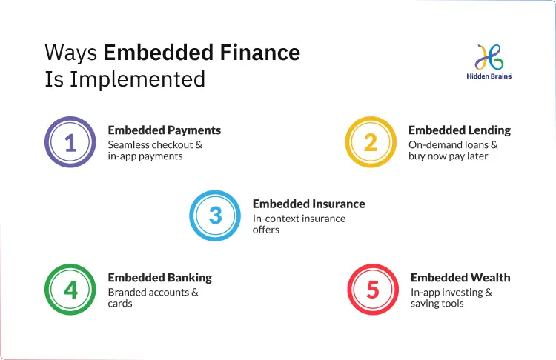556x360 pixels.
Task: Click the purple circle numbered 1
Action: [70, 142]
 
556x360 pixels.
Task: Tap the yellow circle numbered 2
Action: [371, 142]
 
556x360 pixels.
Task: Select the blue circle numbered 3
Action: [215, 216]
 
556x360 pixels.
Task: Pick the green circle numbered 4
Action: [70, 290]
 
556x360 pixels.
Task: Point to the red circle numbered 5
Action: [373, 290]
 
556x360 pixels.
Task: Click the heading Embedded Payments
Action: [164, 130]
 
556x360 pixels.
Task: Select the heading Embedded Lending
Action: [459, 130]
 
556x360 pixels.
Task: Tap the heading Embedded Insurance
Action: [308, 204]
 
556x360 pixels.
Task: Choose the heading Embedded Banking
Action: [159, 277]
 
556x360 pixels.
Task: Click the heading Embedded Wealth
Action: [460, 277]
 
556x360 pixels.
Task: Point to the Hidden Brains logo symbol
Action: [489, 56]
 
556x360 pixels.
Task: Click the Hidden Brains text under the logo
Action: [489, 76]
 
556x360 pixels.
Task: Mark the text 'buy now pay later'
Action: [448, 156]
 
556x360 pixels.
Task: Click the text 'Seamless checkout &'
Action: [155, 144]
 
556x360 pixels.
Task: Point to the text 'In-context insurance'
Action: [299, 218]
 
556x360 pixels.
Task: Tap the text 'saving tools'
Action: [437, 304]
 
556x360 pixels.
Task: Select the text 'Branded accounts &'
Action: [153, 292]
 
